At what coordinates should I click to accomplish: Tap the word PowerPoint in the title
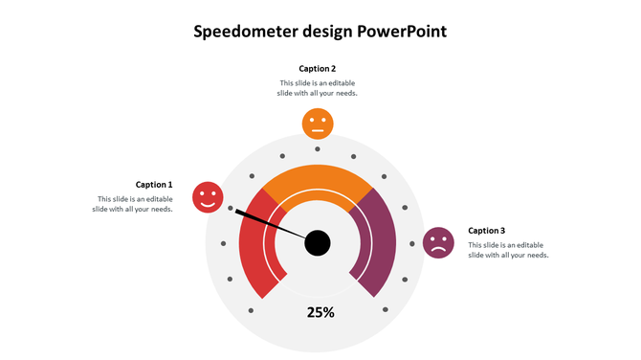pos(402,32)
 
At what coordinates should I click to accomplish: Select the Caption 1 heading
pos(154,185)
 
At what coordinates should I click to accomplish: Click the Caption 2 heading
pos(318,69)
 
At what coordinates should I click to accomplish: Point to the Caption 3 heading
pos(486,231)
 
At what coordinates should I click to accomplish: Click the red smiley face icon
pos(208,197)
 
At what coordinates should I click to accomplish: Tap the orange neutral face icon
pos(318,124)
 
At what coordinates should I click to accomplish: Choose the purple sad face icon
pos(438,242)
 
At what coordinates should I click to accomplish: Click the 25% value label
pos(320,312)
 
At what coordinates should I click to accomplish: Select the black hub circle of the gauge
pos(318,244)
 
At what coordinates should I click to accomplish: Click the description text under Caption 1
pos(135,204)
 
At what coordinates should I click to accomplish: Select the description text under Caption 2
pos(318,88)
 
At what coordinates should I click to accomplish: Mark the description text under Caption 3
pos(508,250)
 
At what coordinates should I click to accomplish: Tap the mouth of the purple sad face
pos(438,249)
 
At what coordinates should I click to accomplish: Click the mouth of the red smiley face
pos(208,203)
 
